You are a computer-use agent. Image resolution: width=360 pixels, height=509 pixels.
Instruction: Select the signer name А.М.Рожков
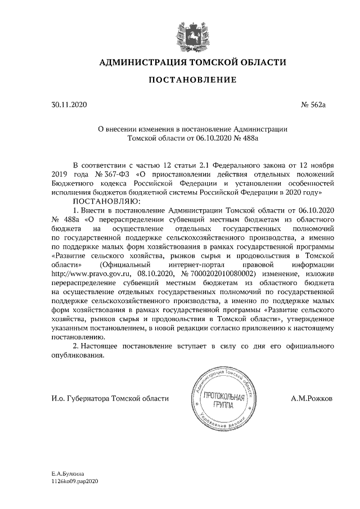tap(312, 398)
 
